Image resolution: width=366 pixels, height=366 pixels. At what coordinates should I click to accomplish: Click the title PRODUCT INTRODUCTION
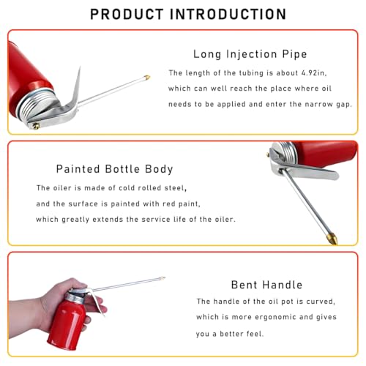click(188, 14)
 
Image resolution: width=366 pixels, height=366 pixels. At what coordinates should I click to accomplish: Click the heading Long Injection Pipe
click(250, 54)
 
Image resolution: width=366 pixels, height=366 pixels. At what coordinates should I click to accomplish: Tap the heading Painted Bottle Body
click(115, 169)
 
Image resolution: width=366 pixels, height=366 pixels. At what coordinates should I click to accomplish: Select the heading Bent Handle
click(266, 285)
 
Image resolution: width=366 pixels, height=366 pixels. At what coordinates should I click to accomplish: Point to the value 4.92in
click(314, 73)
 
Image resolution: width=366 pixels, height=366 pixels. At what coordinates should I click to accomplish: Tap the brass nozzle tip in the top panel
click(147, 78)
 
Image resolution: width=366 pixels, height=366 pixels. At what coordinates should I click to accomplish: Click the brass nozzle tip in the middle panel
click(333, 239)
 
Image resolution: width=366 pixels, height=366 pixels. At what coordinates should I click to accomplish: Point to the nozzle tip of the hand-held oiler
click(163, 278)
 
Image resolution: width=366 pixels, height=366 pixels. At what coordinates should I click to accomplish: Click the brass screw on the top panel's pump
click(36, 126)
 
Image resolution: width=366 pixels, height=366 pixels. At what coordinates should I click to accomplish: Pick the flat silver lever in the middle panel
click(310, 171)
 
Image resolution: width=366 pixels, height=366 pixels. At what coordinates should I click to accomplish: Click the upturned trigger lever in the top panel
click(73, 93)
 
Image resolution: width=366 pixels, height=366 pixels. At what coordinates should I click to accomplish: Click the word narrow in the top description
click(319, 105)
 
